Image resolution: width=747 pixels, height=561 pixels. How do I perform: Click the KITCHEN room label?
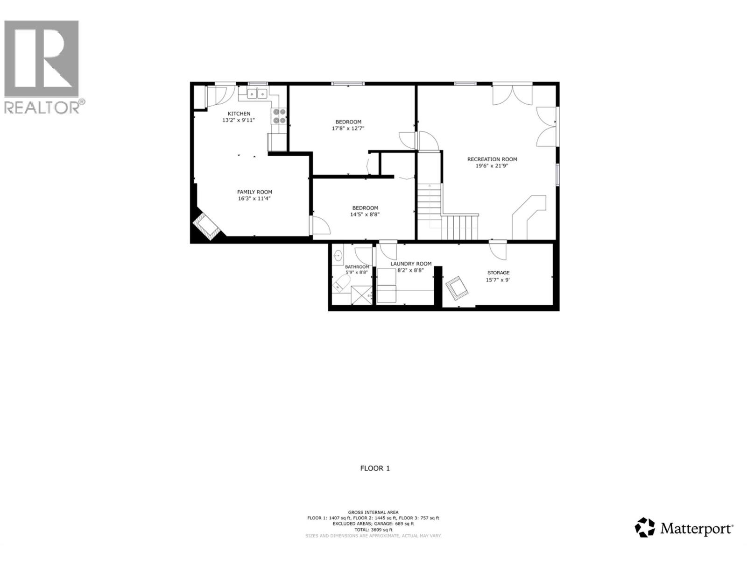coord(239,114)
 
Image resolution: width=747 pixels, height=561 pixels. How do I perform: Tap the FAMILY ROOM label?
coord(254,192)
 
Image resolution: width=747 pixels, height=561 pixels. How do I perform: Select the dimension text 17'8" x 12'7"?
coord(348,128)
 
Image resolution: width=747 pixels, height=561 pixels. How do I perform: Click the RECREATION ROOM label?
coord(492,159)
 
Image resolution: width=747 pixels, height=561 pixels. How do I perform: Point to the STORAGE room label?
coord(498,273)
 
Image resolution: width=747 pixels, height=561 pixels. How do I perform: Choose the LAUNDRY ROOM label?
coord(411,264)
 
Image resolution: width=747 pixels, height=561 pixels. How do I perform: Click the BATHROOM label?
coord(357,267)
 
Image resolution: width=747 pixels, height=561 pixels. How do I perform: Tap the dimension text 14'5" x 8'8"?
coord(365,215)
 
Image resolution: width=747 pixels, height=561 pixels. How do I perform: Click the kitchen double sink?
coord(256,94)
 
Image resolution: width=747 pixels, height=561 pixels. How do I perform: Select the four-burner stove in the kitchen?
coord(279,116)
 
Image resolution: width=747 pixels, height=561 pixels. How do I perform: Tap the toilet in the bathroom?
coord(342,282)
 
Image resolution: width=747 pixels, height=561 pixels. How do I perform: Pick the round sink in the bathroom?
coord(338,256)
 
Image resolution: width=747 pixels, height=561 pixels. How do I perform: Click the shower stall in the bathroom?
coord(361,295)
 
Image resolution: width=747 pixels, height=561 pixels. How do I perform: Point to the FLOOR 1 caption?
coord(374,468)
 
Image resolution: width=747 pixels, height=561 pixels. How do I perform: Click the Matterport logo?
coord(684,528)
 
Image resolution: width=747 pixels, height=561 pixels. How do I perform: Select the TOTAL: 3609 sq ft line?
coord(373,530)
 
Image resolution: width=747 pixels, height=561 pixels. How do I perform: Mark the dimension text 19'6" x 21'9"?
coord(492,165)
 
